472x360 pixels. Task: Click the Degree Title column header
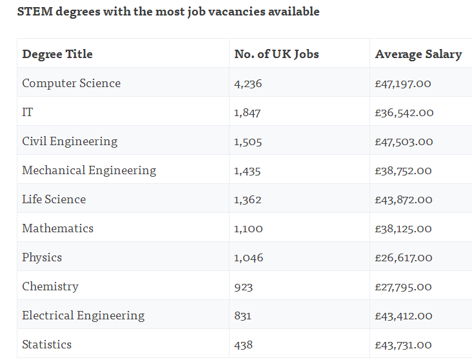point(57,54)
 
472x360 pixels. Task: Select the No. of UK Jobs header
point(277,54)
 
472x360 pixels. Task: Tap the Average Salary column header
point(418,55)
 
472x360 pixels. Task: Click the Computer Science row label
point(72,83)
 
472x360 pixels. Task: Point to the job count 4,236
point(248,83)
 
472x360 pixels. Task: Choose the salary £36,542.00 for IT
point(404,113)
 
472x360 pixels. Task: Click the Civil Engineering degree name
point(70,141)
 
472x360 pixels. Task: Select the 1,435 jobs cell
point(248,171)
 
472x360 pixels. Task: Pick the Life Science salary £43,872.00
point(404,200)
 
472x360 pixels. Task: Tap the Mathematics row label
point(58,228)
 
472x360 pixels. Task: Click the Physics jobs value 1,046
point(249,258)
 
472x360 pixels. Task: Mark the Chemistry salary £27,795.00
point(403,287)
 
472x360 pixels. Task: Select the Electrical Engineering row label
point(83,315)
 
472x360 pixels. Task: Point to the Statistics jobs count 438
point(244,345)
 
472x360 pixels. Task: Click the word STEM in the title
point(35,12)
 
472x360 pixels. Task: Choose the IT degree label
point(27,112)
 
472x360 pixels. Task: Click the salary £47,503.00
point(404,141)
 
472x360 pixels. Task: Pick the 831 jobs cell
point(242,316)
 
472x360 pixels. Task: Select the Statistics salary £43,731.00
point(403,345)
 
